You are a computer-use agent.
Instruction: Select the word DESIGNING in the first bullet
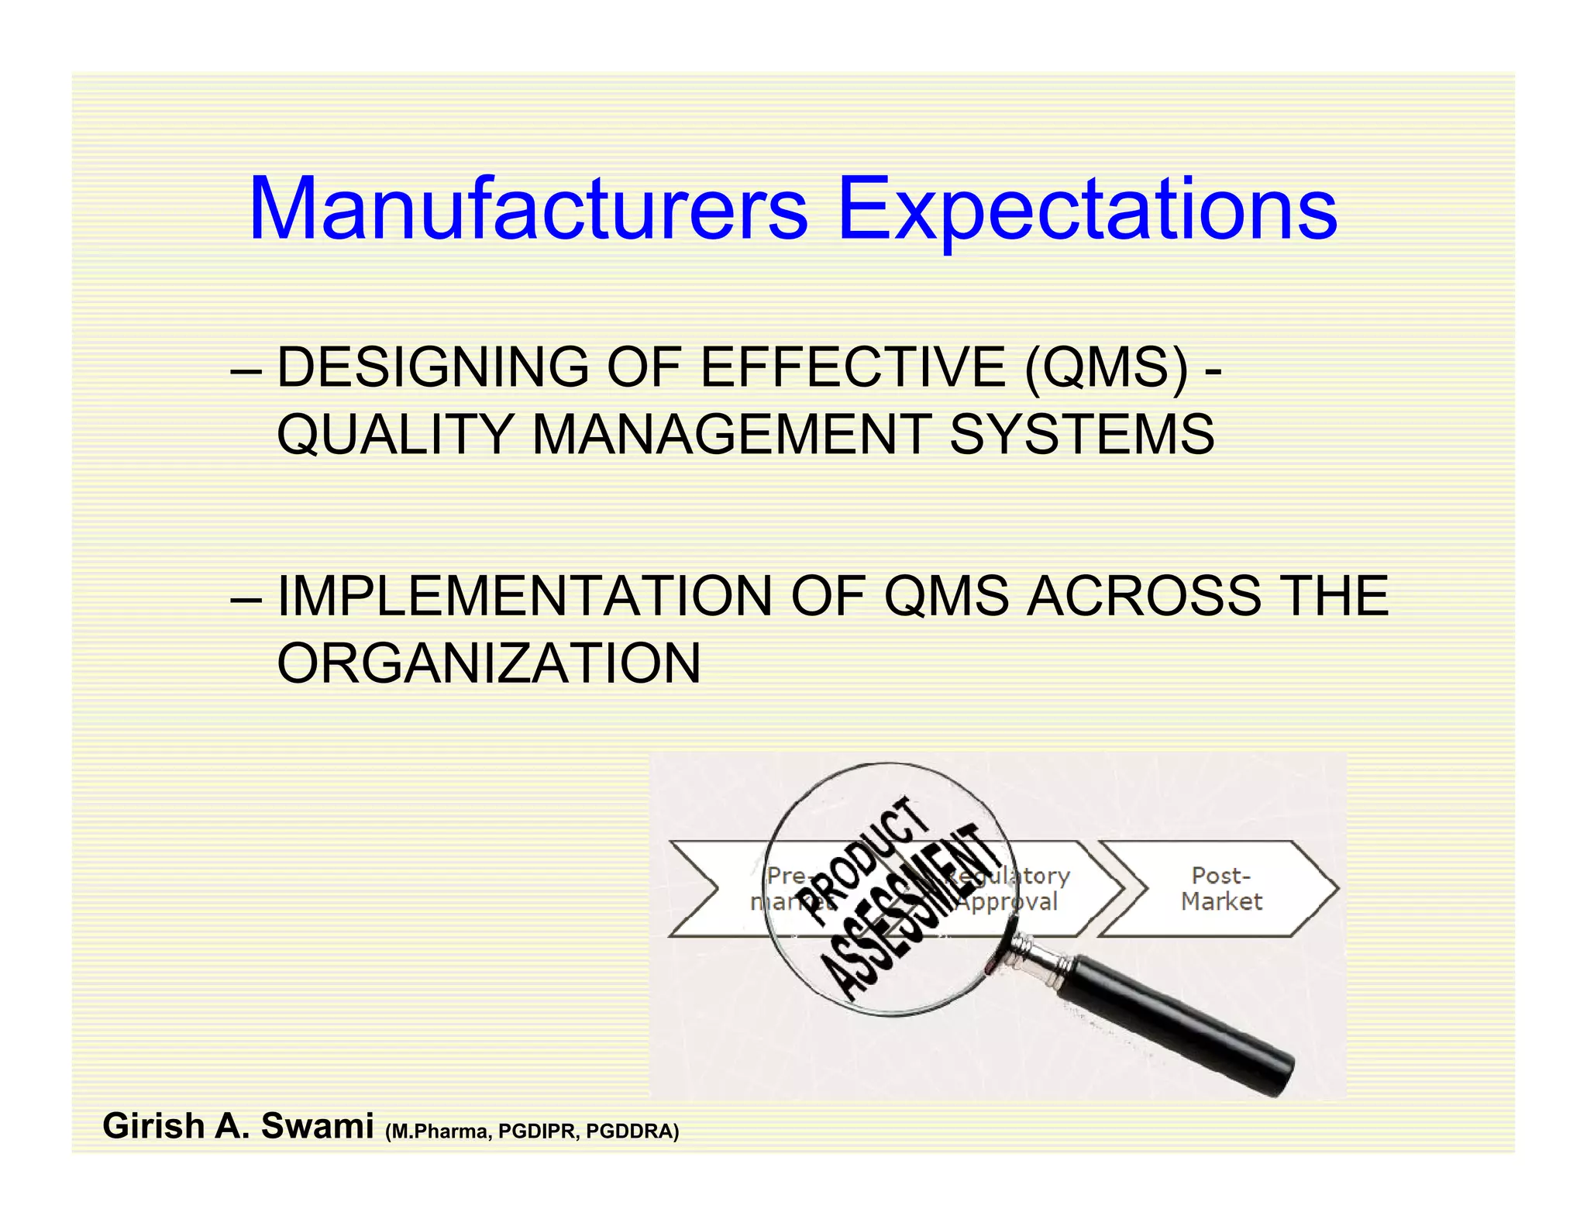(x=432, y=367)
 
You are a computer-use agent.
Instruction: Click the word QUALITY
(x=394, y=434)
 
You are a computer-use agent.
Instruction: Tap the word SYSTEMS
(x=1082, y=434)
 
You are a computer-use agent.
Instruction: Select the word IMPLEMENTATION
(x=525, y=596)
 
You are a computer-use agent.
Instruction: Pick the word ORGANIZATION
(x=488, y=663)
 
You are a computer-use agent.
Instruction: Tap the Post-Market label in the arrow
(x=1220, y=888)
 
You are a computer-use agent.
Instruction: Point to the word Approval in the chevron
(x=1007, y=902)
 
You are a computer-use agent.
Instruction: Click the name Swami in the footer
(x=317, y=1126)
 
